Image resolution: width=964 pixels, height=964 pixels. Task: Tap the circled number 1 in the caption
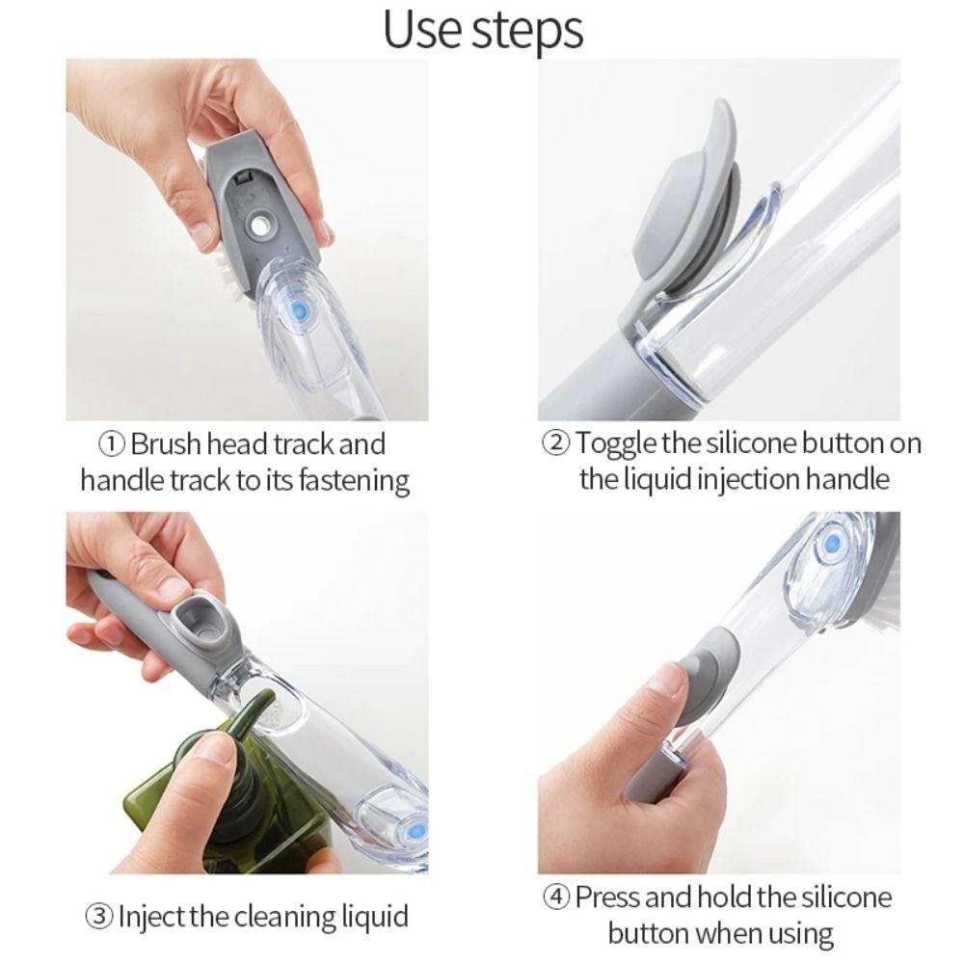point(113,444)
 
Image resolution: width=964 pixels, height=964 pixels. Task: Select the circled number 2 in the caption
point(556,444)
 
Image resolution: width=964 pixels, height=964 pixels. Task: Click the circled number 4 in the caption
point(556,897)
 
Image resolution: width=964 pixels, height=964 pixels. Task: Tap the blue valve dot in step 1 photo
point(301,310)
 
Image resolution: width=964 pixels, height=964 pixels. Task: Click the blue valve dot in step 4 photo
point(826,547)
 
